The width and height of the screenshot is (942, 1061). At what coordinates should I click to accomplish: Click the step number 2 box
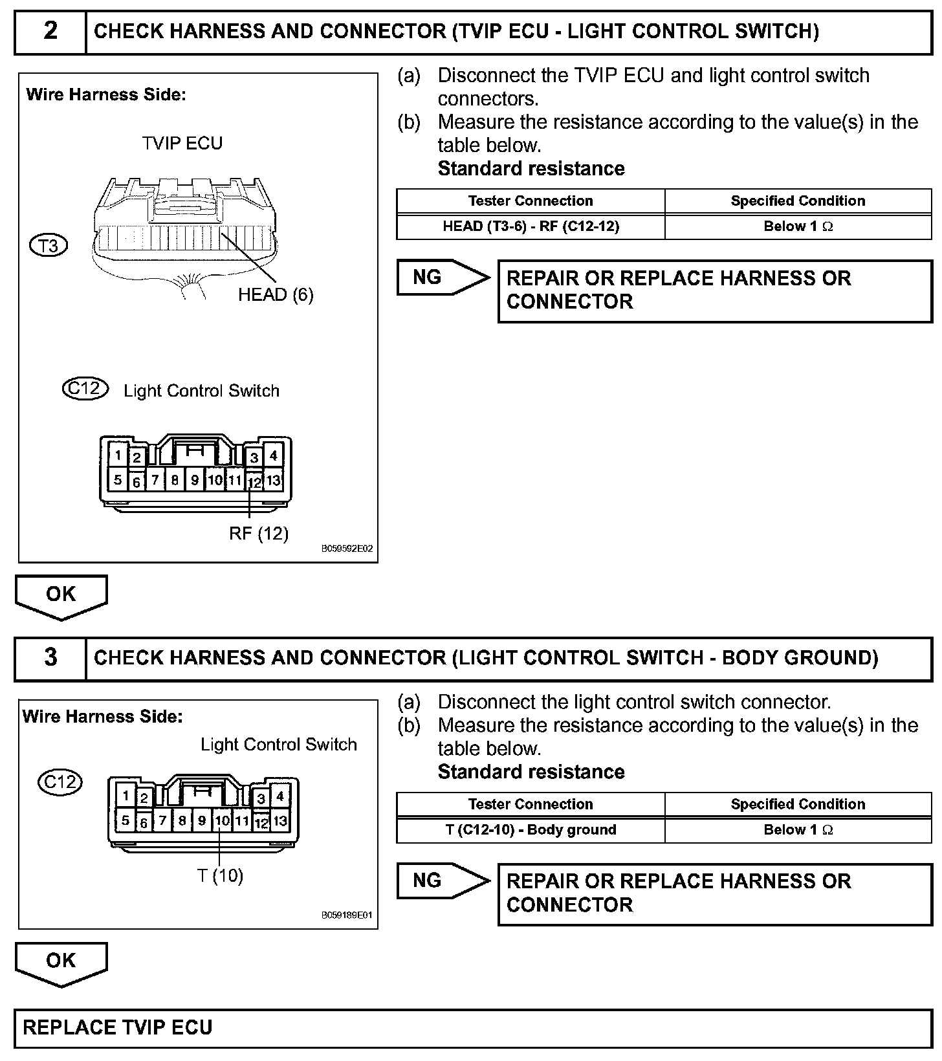pos(50,31)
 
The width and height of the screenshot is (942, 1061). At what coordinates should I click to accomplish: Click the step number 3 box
pos(50,658)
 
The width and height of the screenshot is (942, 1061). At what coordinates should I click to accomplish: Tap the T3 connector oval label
pos(49,246)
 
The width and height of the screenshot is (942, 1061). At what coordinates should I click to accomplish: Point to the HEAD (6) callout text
pos(276,295)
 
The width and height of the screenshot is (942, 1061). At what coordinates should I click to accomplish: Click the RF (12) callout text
pos(259,533)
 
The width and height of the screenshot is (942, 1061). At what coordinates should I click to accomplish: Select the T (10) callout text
pos(220,876)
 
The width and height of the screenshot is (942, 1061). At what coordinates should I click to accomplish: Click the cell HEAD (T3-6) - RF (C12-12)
pos(531,226)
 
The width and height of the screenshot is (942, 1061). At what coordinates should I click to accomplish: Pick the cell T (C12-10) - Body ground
pos(531,830)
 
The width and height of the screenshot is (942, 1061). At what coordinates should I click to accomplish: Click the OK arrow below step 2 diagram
pos(61,596)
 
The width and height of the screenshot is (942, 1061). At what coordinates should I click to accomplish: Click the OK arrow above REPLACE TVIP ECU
pos(61,963)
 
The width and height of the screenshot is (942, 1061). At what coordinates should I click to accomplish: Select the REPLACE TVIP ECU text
pos(118,1028)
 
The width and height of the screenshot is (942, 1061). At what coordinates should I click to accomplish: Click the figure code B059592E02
pos(347,549)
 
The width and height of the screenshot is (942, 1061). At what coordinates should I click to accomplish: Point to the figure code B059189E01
pos(347,915)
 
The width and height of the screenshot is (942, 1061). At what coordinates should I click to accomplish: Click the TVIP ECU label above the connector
pos(182,143)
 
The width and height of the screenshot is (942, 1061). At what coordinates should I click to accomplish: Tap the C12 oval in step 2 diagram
pos(85,389)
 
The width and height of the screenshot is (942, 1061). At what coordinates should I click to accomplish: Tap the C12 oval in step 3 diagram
pos(60,782)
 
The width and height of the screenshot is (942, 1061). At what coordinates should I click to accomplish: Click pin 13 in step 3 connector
pos(280,821)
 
